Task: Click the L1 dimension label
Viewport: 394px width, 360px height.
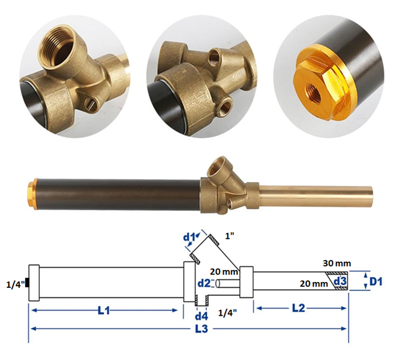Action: point(104,311)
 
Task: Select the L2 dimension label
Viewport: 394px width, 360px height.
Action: point(298,308)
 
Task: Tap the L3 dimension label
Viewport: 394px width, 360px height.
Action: point(202,329)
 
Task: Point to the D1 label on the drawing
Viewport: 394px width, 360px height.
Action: point(376,282)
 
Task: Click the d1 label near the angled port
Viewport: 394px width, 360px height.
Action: point(190,237)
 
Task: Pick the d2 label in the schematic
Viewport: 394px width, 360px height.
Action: point(204,284)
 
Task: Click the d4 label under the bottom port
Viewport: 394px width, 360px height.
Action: point(202,316)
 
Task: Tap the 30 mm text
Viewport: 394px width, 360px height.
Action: point(337,263)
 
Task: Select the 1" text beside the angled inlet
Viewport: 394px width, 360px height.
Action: point(230,236)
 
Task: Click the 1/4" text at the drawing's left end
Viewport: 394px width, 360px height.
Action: point(16,284)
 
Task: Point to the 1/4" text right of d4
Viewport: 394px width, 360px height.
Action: point(227,313)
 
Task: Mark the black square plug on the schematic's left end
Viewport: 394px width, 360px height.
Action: point(27,283)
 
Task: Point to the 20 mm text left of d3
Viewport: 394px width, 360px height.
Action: point(314,284)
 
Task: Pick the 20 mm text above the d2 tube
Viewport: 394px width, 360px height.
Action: point(224,272)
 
